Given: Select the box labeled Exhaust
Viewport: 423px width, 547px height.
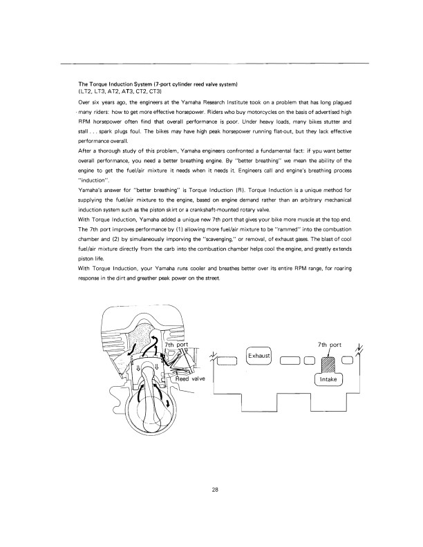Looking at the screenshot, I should pos(259,356).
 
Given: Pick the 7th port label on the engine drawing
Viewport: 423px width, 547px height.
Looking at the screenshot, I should pos(178,345).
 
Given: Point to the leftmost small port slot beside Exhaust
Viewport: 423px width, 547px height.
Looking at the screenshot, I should pos(226,358).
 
